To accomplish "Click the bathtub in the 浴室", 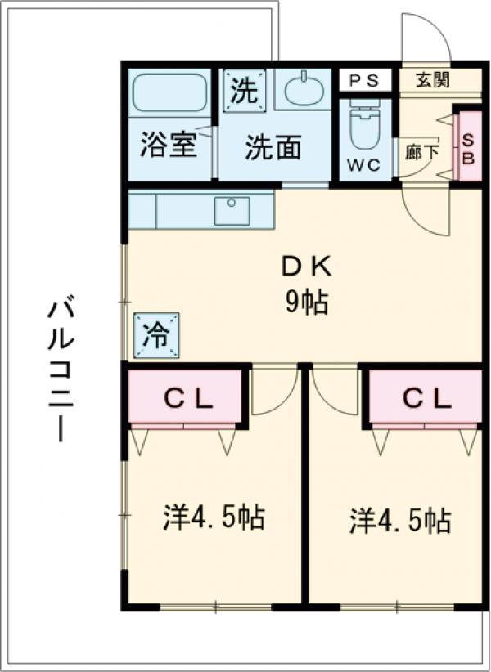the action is coord(170,93).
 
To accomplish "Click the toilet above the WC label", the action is coord(364,124).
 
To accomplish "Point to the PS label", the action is coord(364,81).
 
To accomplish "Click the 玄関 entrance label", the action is coord(433,80).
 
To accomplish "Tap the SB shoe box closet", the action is coord(469,146).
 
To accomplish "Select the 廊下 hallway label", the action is coord(422,152).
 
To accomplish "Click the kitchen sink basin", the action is coord(232,210).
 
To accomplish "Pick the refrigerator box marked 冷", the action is coord(156,335).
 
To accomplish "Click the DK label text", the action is coord(306,268).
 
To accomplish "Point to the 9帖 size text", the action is coord(307,302).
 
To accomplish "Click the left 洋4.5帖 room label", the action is coord(213,517).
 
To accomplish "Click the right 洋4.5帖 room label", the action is coord(399,520).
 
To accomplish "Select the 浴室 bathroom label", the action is coord(169,145).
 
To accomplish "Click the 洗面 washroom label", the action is coord(273,147).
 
